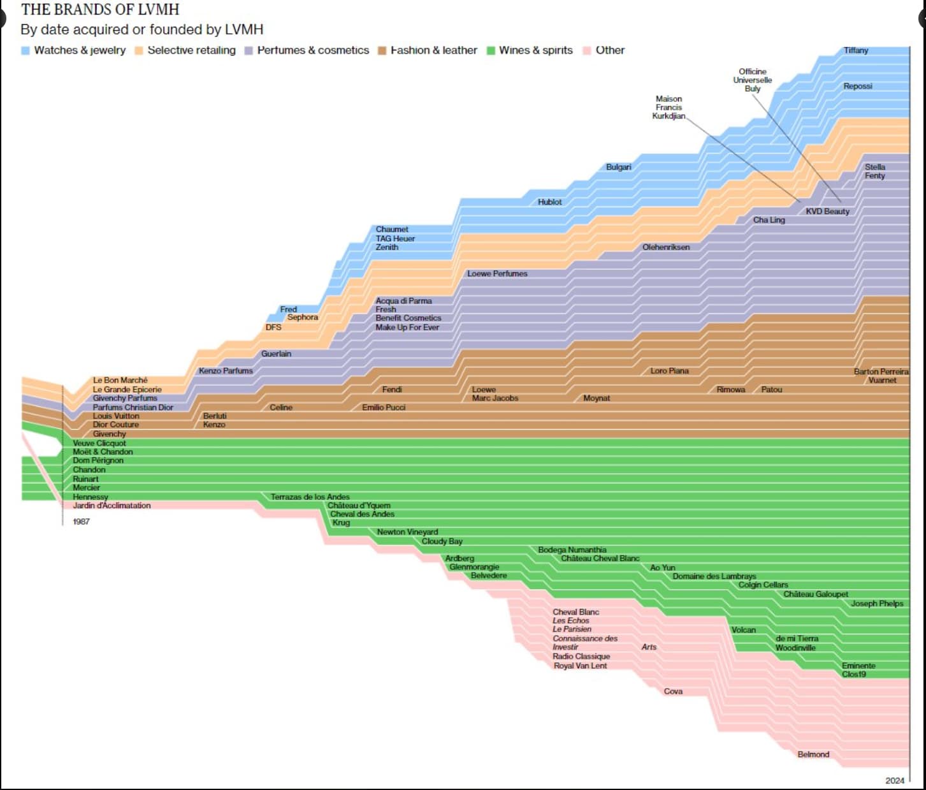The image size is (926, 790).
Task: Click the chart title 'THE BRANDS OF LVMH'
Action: click(x=100, y=10)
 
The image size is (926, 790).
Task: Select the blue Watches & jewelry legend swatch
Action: click(x=25, y=50)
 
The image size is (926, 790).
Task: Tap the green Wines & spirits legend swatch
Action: click(x=491, y=50)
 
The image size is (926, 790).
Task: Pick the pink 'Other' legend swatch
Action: click(x=587, y=50)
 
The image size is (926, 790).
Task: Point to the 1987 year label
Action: click(x=81, y=522)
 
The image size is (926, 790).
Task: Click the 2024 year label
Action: click(x=895, y=780)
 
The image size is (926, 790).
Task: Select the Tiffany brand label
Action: click(x=856, y=50)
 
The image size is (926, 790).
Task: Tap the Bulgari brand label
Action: click(x=618, y=167)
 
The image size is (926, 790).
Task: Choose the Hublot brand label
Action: click(x=549, y=202)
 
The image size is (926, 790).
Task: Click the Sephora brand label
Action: click(x=302, y=317)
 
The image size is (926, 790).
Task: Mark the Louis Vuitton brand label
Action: click(x=116, y=416)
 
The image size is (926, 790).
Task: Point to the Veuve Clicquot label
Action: click(x=99, y=443)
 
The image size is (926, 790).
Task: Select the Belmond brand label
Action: click(x=813, y=754)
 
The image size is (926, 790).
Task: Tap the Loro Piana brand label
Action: click(x=669, y=370)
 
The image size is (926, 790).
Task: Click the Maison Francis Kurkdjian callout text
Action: click(x=669, y=107)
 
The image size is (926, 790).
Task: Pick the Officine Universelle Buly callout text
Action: click(x=752, y=80)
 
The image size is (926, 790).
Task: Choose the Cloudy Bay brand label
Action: click(x=442, y=541)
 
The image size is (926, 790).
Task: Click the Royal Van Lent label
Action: click(x=580, y=666)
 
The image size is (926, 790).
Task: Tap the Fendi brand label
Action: click(x=392, y=390)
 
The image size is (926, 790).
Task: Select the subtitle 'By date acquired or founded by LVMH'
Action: click(x=141, y=29)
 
